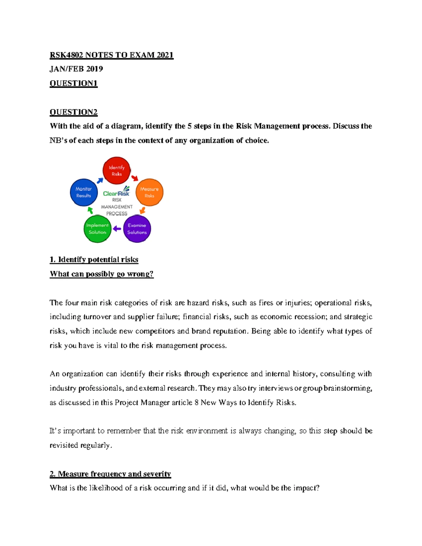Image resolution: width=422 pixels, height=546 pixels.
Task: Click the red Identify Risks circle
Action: [116, 171]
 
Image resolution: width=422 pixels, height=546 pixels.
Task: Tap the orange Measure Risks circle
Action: [149, 192]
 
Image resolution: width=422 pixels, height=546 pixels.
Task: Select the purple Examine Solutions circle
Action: [137, 229]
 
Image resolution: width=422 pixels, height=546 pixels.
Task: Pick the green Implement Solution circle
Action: [97, 229]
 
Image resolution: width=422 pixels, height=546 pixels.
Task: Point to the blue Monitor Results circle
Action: [84, 192]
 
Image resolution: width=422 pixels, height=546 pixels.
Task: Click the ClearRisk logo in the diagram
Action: [116, 192]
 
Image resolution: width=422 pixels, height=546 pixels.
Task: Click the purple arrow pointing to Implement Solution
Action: [117, 229]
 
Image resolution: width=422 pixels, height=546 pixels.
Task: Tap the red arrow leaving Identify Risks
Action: [135, 178]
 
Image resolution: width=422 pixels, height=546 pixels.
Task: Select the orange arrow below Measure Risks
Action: [142, 211]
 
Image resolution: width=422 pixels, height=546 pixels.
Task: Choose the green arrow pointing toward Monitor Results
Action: [90, 210]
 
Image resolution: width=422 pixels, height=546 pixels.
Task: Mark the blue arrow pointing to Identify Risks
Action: [100, 180]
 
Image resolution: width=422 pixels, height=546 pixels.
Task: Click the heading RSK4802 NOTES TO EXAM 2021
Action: [111, 55]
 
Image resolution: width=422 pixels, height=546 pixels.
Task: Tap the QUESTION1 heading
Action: [73, 83]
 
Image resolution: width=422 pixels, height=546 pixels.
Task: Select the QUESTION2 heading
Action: [73, 112]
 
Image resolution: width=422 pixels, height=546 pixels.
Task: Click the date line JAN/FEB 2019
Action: [76, 69]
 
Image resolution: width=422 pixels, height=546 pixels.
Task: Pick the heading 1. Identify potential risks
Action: [94, 260]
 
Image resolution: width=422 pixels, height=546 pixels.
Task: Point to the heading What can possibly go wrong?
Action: [102, 274]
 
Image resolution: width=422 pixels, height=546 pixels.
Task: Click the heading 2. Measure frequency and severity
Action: [110, 474]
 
